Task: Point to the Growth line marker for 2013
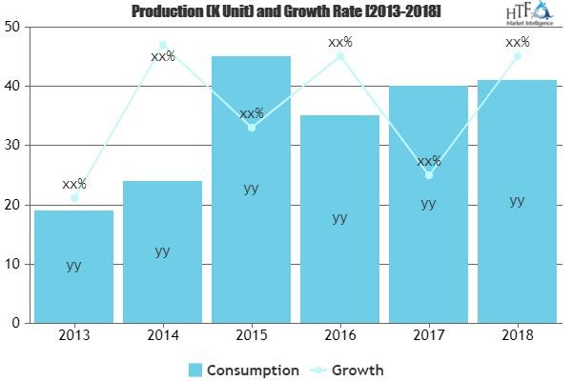(73, 198)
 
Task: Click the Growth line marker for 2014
(162, 45)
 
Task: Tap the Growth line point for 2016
(339, 56)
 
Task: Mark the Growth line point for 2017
(429, 174)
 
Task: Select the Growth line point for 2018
(517, 56)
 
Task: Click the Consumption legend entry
(242, 370)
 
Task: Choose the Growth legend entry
(347, 370)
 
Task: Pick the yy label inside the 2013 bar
(73, 265)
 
